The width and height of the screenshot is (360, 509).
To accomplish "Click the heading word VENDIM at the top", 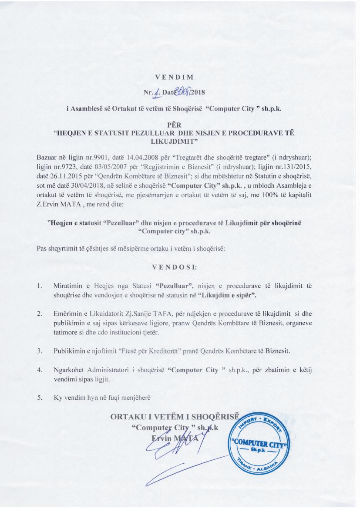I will point(180,78).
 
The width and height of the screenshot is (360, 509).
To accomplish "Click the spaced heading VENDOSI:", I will point(180,267).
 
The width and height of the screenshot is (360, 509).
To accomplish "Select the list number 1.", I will point(39,287).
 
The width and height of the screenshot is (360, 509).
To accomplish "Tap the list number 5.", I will point(39,397).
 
